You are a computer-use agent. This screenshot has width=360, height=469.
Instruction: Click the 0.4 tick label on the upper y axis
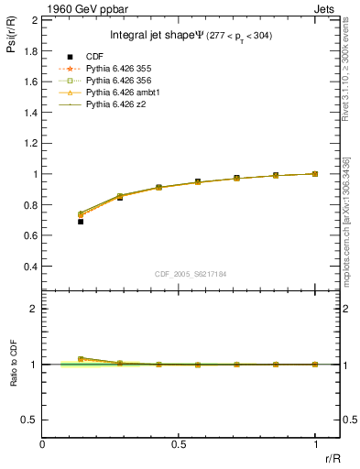[x=30, y=267]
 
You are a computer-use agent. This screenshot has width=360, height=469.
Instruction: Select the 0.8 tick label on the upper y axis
[x=30, y=205]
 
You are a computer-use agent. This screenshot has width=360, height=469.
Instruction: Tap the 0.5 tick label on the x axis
[x=179, y=443]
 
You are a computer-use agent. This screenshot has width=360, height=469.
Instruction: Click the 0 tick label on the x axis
[x=43, y=443]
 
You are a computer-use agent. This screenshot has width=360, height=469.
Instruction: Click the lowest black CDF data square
[x=81, y=222]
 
